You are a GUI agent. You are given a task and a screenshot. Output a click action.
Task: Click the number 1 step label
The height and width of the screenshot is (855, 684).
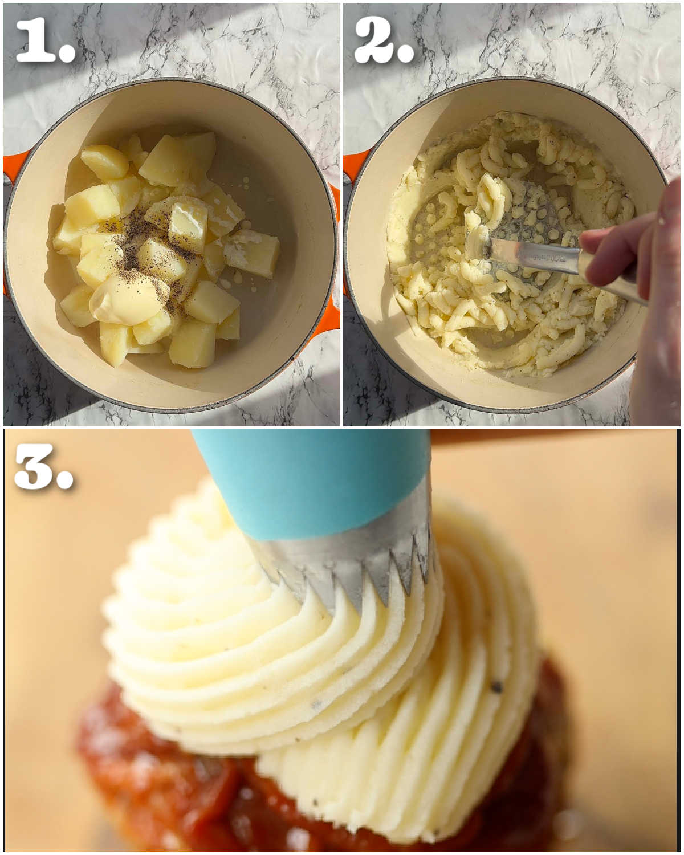pos(45,40)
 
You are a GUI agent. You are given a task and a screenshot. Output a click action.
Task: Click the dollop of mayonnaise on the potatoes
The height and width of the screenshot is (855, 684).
pos(127,298)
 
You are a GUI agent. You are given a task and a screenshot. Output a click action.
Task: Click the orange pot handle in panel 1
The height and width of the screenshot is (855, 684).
pos(14,167)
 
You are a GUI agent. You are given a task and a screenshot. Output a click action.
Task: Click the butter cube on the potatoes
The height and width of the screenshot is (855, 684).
pos(188,225)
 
